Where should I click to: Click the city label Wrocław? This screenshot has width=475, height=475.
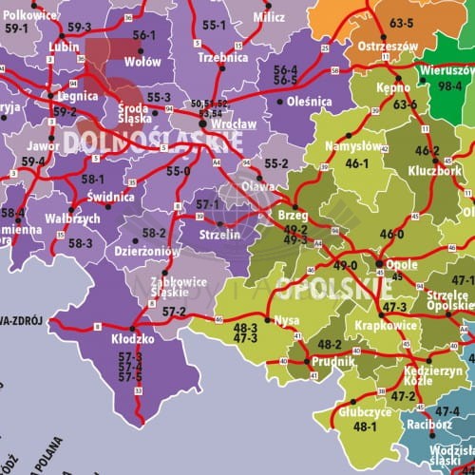228,125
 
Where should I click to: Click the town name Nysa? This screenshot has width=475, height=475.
286,320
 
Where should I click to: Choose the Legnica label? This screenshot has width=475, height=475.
77,96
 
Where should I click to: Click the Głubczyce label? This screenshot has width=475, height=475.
365,412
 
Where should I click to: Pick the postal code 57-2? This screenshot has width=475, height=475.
174,312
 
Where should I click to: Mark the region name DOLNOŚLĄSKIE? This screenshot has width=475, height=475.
153,142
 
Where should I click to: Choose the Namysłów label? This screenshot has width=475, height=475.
353,146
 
